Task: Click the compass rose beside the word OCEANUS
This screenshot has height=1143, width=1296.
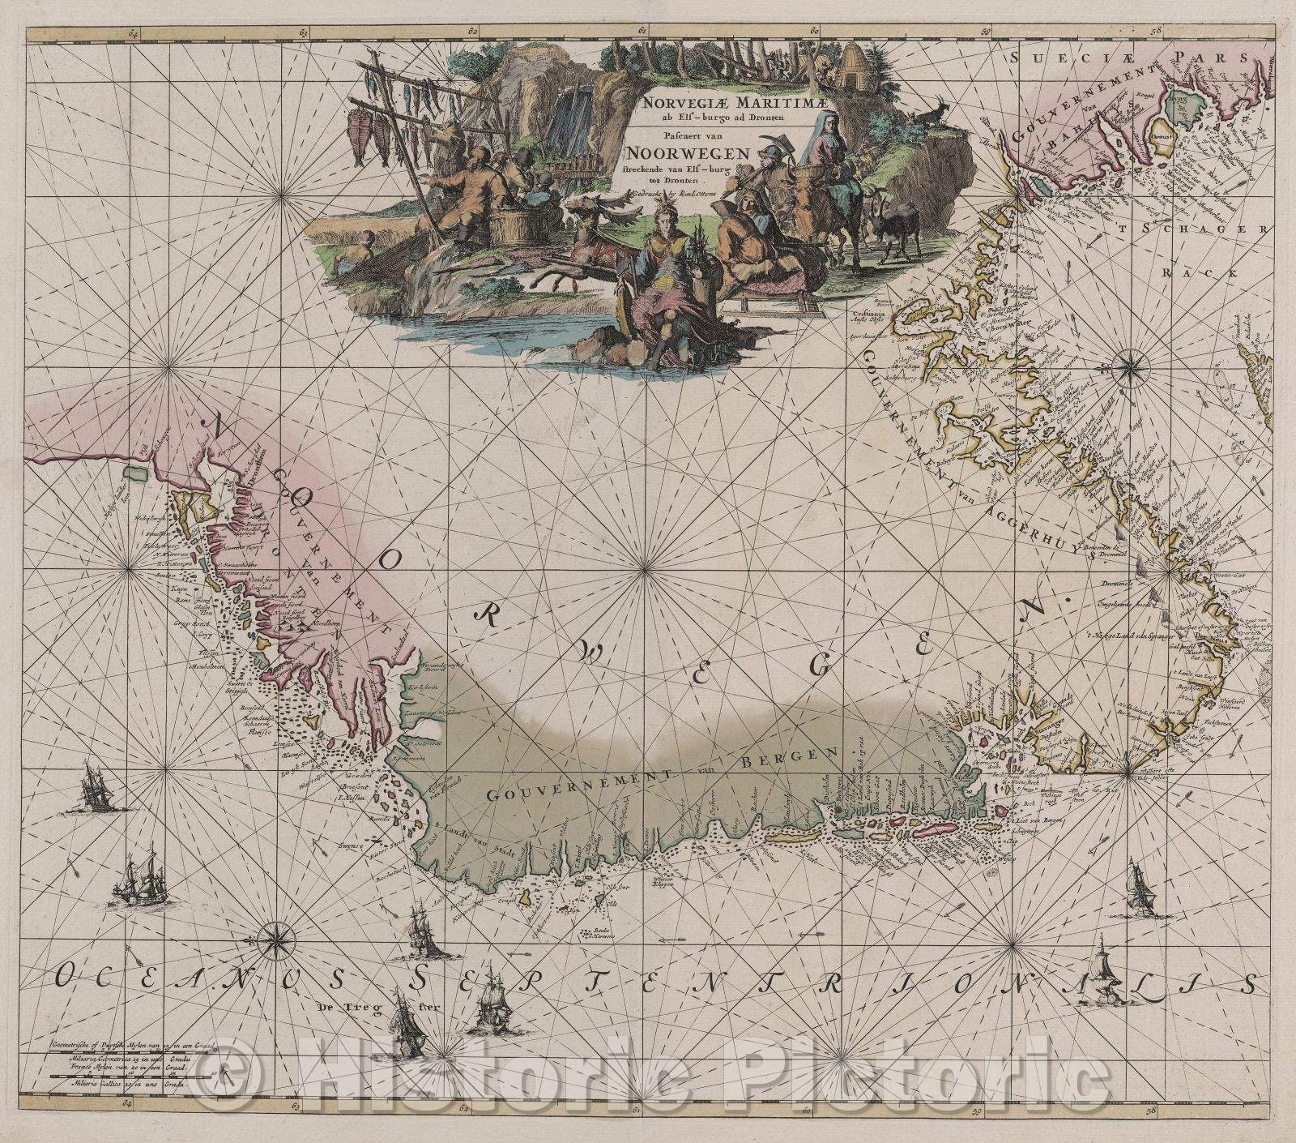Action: coord(277,935)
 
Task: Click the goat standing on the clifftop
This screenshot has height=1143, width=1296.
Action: coord(927,110)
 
